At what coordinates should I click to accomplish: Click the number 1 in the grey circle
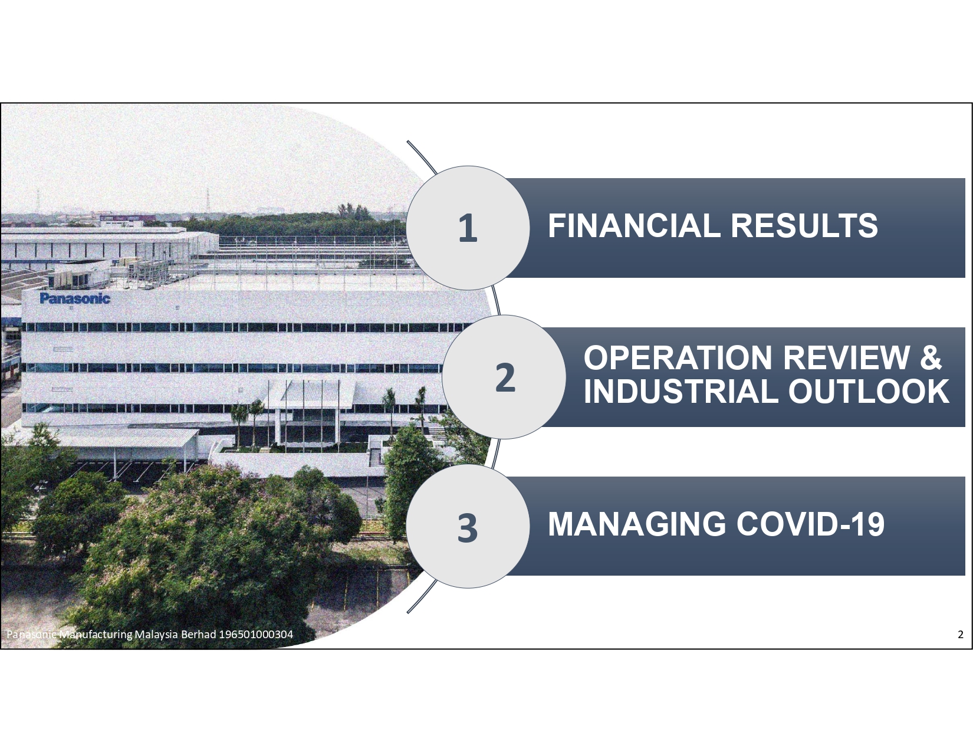(468, 228)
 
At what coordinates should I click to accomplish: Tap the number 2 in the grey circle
(505, 377)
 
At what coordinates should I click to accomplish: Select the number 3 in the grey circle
(468, 528)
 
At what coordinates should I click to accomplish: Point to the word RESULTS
(804, 225)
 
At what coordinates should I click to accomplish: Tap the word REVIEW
(846, 357)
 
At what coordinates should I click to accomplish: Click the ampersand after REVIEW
(931, 357)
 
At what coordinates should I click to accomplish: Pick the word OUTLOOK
(868, 391)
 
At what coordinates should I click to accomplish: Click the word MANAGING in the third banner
(637, 524)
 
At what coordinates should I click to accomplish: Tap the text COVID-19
(810, 524)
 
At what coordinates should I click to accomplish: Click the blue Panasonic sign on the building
(75, 298)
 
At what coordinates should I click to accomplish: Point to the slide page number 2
(960, 634)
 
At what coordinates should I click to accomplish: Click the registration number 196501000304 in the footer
(256, 635)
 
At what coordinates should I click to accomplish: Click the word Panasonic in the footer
(32, 635)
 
